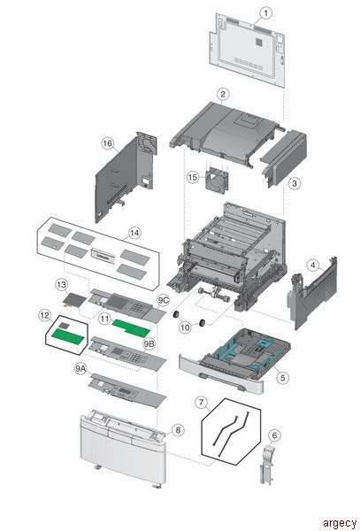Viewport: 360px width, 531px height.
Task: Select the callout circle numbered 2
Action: coord(224,94)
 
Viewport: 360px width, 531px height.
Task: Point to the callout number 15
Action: coord(193,178)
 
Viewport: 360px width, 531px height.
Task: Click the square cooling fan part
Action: coord(217,180)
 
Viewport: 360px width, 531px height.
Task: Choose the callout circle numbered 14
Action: coord(134,234)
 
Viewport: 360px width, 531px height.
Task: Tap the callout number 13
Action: coord(62,285)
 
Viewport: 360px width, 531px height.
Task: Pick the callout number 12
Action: coord(43,314)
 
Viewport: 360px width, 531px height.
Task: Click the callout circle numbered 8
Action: coord(178,430)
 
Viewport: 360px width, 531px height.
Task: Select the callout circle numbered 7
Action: coord(202,404)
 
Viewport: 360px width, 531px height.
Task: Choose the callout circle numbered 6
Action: coord(274,435)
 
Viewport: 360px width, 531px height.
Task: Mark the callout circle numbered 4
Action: coord(313,264)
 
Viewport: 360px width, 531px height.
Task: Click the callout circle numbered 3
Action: coord(295,182)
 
